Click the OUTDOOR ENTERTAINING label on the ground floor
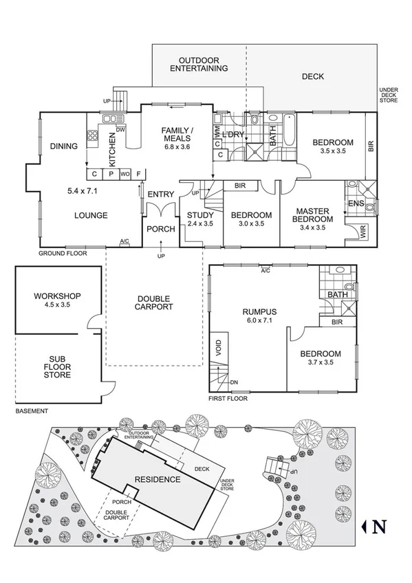point(199,64)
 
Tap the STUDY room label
point(201,215)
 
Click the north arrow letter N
point(378,527)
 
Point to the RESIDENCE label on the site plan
point(158,479)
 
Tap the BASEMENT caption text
point(32,411)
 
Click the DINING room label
point(64,146)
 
